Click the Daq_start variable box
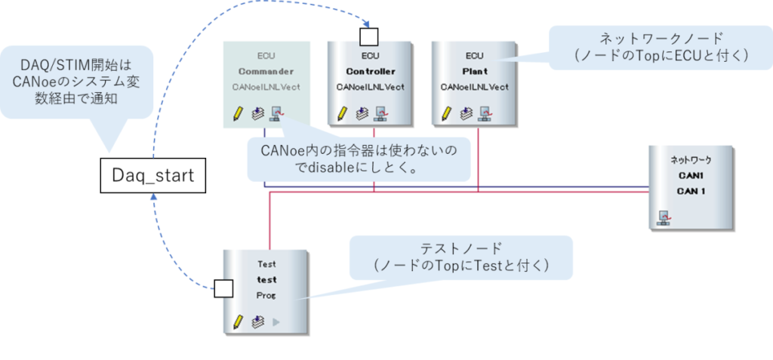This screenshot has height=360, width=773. point(152,176)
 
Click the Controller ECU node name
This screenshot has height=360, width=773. point(370,72)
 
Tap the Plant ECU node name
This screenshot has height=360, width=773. point(474,72)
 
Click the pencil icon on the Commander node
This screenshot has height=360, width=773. point(238,113)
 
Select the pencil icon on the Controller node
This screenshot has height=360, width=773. point(342,113)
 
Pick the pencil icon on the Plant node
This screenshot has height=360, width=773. point(446,113)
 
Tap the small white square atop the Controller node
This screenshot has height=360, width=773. point(368,35)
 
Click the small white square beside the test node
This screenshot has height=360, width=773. point(223,288)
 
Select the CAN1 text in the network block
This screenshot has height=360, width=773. point(691,176)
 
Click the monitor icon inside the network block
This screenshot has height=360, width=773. point(664,218)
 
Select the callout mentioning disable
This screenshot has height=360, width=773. point(359,158)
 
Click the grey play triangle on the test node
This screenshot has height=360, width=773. point(276,322)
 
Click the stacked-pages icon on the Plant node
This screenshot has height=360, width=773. point(466,114)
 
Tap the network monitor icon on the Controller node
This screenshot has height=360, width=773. point(381,114)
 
